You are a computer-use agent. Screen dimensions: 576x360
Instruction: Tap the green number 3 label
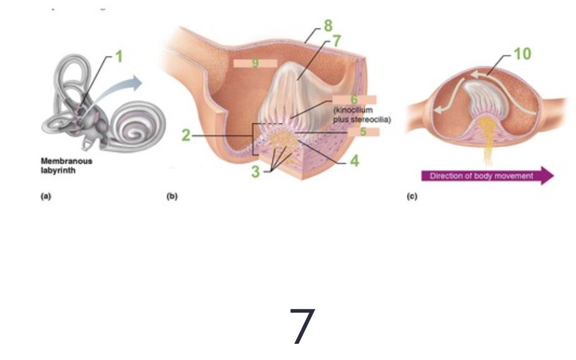(x=255, y=172)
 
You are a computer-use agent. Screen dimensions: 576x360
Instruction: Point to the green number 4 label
(x=354, y=160)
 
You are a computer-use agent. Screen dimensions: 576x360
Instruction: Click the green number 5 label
(x=362, y=132)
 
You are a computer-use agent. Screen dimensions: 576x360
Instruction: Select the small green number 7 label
(x=337, y=41)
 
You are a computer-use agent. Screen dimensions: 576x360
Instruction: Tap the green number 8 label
(x=328, y=27)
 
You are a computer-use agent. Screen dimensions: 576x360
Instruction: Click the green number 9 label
(x=255, y=63)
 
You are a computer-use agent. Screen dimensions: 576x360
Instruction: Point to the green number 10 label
(x=522, y=54)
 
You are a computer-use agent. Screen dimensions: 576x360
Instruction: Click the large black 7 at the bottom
(x=303, y=326)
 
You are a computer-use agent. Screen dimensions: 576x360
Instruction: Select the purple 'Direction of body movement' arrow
(x=487, y=176)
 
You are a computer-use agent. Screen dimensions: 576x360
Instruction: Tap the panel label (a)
(x=46, y=196)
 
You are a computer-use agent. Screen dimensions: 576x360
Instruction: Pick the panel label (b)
(x=173, y=196)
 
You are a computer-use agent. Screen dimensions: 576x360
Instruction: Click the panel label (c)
(x=411, y=196)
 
